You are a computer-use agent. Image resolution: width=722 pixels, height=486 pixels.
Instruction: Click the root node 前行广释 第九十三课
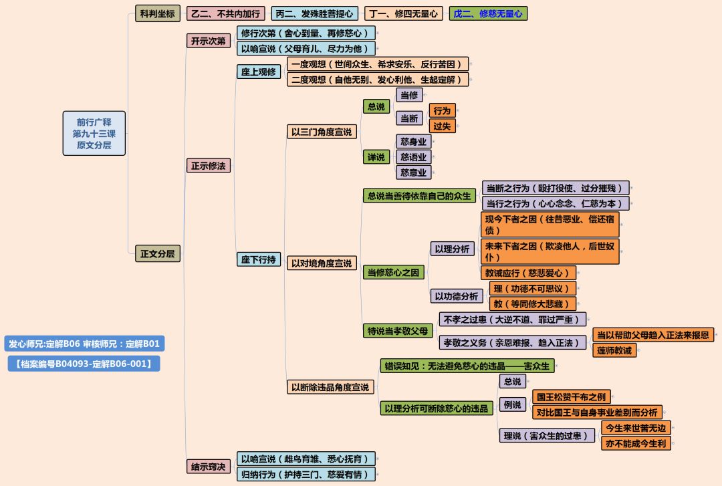pos(94,133)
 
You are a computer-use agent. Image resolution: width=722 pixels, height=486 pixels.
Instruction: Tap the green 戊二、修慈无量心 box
pos(488,13)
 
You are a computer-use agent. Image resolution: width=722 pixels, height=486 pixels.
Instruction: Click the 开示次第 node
pos(208,41)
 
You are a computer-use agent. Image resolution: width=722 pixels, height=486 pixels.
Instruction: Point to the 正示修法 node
pos(208,165)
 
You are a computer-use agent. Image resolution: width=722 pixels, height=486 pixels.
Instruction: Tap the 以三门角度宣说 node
pos(321,132)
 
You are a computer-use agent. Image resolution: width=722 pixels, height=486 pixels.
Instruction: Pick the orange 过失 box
pos(442,126)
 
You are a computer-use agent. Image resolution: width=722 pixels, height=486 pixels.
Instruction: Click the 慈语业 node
pos(413,156)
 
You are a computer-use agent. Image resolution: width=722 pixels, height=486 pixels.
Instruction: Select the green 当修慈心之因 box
pos(394,272)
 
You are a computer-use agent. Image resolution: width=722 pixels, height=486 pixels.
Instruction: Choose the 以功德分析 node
pos(457,295)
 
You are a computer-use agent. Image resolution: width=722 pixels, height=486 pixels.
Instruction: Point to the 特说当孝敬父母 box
pos(398,331)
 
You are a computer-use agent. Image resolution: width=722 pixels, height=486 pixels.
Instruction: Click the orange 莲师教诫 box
pos(614,350)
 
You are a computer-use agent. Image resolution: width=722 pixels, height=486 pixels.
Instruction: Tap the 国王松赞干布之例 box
pos(572,396)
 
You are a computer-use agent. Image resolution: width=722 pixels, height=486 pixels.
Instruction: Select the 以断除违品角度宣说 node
pos(330,386)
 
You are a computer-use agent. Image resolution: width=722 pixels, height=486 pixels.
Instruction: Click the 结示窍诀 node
pos(208,466)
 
